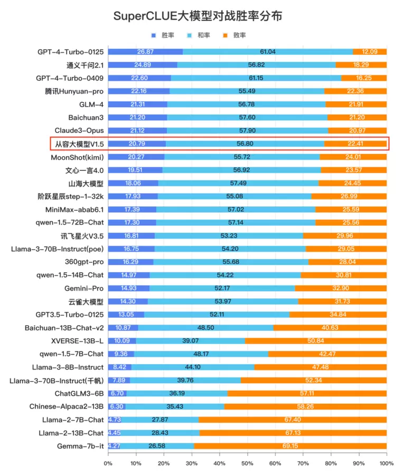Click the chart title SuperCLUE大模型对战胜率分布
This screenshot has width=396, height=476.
tap(198, 16)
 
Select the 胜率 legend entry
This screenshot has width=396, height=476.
tap(164, 35)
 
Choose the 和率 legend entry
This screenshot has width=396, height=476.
tap(199, 35)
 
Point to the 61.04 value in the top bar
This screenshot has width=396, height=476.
tap(268, 52)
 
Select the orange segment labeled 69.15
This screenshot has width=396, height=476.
tap(290, 446)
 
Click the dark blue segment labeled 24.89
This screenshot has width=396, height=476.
tap(143, 65)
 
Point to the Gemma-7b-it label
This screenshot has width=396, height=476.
tap(80, 446)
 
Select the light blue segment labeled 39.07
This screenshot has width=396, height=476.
tap(191, 341)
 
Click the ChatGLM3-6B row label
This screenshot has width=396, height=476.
tap(79, 394)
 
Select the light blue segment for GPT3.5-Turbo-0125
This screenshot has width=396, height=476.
tap(216, 315)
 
